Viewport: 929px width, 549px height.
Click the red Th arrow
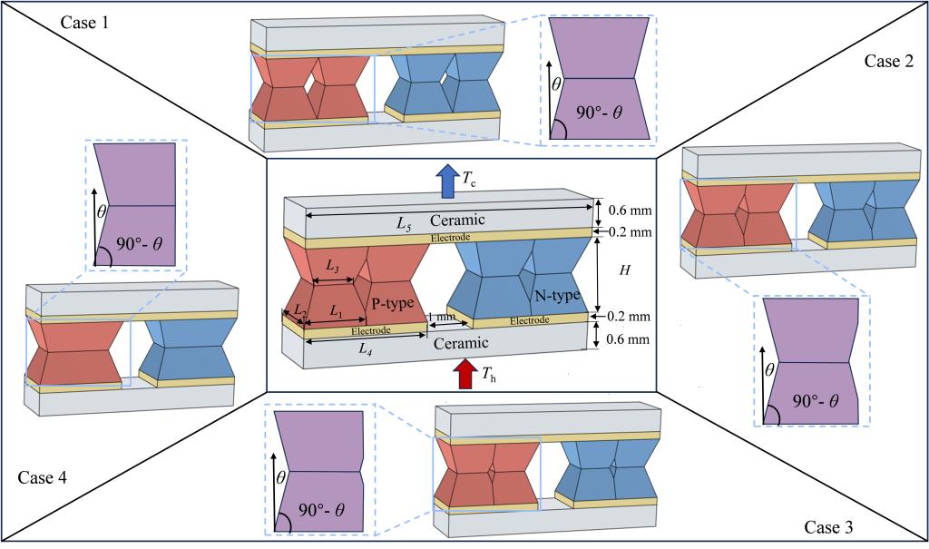(x=465, y=372)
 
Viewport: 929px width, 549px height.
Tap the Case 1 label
(x=84, y=21)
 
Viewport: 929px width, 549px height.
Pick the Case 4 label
(x=42, y=477)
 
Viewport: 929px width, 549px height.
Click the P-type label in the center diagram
(x=393, y=301)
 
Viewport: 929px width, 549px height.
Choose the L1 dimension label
(x=337, y=310)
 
